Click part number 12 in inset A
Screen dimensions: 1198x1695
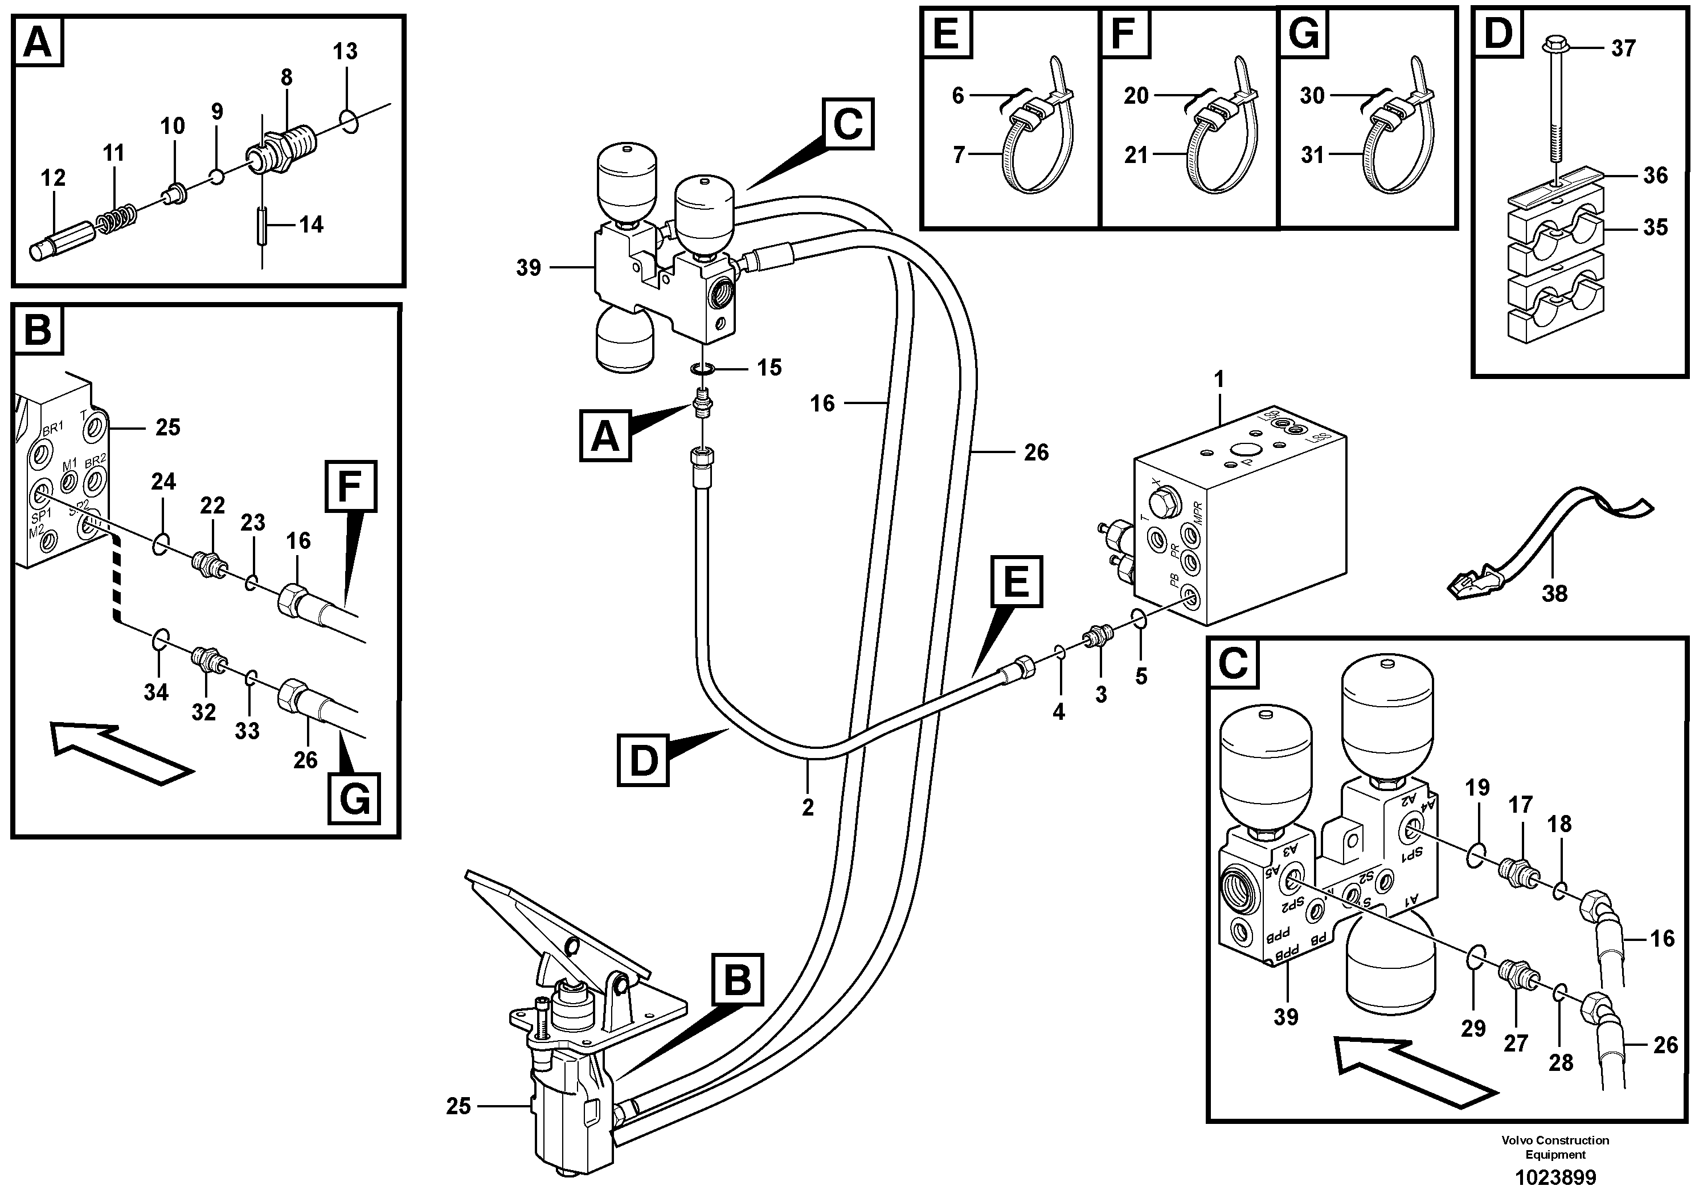(x=53, y=178)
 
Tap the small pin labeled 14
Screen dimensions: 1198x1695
(x=262, y=227)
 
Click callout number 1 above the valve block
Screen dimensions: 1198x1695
(x=1219, y=380)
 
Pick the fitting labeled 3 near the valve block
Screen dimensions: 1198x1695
(x=1096, y=635)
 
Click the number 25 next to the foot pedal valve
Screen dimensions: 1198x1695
(x=458, y=1106)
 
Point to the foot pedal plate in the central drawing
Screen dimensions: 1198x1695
(x=561, y=923)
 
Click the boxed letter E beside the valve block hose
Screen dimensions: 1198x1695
(x=1017, y=581)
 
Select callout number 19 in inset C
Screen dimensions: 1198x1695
(x=1477, y=789)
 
